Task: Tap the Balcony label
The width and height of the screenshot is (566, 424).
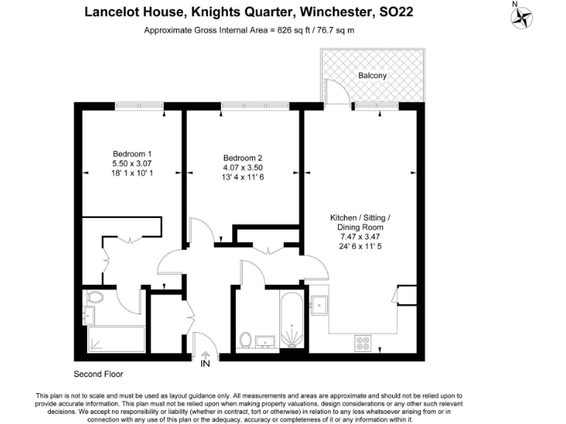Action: pyautogui.click(x=372, y=76)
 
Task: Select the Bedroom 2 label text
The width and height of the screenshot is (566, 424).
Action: pyautogui.click(x=242, y=158)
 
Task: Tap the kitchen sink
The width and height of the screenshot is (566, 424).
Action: pyautogui.click(x=320, y=303)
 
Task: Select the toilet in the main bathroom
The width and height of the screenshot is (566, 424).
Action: pyautogui.click(x=246, y=340)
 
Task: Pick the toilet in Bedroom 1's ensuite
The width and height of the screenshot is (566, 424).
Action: pyautogui.click(x=94, y=299)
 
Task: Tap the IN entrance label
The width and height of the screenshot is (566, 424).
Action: pyautogui.click(x=205, y=362)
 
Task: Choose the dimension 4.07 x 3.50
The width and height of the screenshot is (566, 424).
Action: pyautogui.click(x=242, y=168)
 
